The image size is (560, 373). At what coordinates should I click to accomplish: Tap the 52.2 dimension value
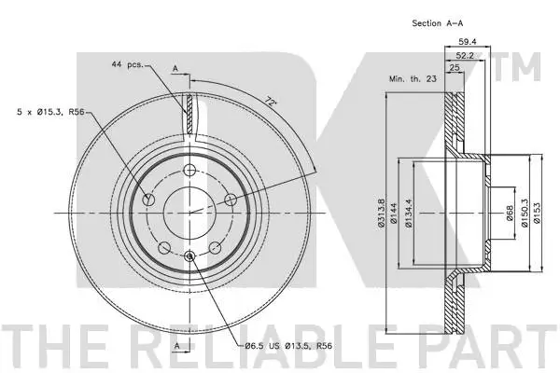tap(463, 56)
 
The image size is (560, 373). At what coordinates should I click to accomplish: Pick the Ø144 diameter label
tap(397, 214)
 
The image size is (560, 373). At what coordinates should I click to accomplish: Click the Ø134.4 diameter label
tap(410, 214)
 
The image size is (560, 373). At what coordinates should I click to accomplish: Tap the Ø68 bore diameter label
tap(510, 214)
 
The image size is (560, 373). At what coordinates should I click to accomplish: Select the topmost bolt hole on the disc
tap(189, 170)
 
